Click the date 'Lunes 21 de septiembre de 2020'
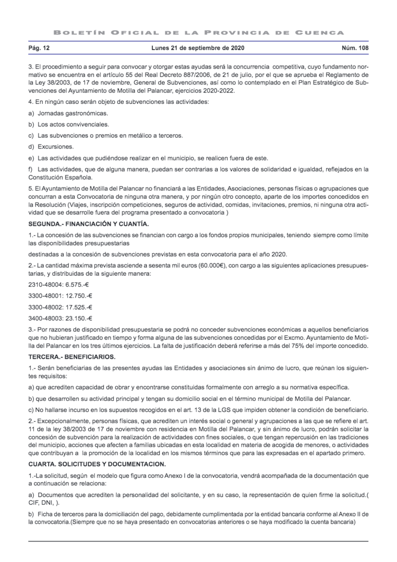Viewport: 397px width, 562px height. (198, 49)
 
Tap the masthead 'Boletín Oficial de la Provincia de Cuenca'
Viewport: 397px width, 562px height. (198, 32)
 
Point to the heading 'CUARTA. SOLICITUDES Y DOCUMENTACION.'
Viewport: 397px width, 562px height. (97, 464)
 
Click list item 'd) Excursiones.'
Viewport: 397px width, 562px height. (51, 147)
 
